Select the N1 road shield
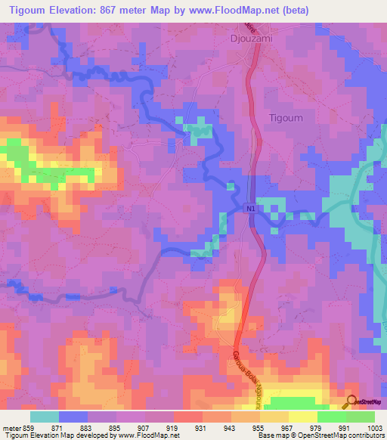point(250,206)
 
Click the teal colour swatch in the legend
point(45,417)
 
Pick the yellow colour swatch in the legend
point(302,417)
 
